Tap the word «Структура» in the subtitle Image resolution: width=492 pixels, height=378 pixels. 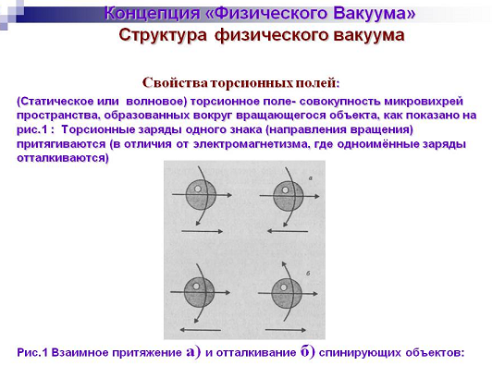[163, 35]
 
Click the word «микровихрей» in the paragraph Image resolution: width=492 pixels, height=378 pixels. [424, 102]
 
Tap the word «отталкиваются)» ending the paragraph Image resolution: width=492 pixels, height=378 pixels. [63, 158]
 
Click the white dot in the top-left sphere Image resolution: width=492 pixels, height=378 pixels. [198, 189]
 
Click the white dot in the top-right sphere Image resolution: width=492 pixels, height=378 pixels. [285, 189]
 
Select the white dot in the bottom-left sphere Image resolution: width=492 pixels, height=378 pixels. [196, 287]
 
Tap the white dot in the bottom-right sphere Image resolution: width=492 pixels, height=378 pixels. [283, 287]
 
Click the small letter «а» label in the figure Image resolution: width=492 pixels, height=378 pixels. [311, 178]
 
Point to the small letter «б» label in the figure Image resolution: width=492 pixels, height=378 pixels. [308, 274]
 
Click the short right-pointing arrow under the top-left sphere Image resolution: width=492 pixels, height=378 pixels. [202, 231]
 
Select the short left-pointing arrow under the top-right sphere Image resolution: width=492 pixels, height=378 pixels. [288, 231]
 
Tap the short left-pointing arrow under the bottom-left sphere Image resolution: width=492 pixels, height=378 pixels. [200, 330]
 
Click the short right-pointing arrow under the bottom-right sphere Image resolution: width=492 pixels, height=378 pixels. [286, 330]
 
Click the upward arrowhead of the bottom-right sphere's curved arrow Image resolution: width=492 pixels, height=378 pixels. [284, 264]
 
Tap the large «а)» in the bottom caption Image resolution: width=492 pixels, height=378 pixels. [193, 351]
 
